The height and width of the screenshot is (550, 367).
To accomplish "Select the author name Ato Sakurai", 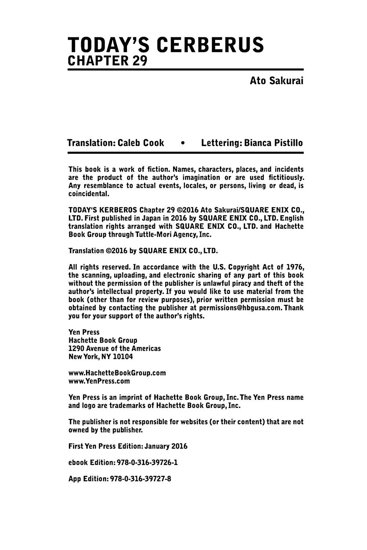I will [x=276, y=81].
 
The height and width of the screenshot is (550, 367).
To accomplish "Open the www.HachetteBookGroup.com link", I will [x=117, y=373].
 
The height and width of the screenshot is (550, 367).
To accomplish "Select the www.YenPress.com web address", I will [x=99, y=381].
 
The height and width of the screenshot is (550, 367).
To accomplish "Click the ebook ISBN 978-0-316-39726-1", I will [x=147, y=462].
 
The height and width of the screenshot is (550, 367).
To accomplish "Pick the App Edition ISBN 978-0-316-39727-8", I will [x=141, y=479].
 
